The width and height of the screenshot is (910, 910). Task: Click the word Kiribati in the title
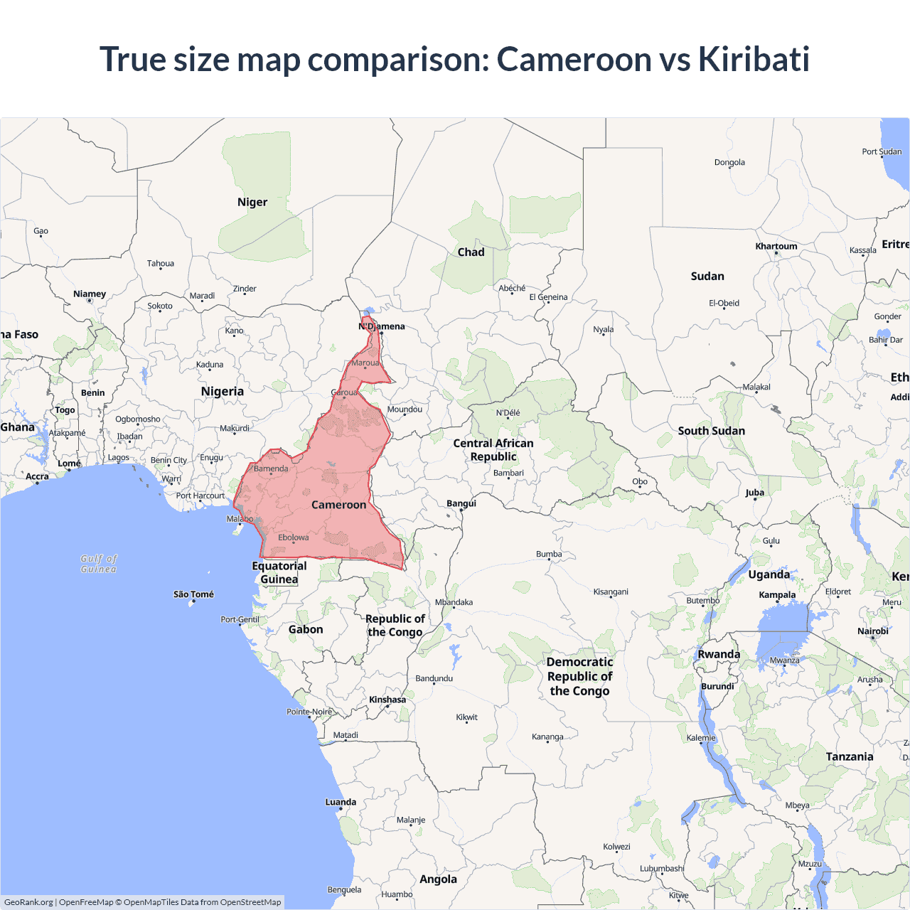pos(754,59)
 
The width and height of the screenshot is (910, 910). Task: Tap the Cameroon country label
pos(338,505)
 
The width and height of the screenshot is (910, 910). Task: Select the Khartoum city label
pos(776,246)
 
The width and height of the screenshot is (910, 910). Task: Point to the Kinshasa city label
pos(387,700)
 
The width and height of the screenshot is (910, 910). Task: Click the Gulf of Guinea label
pos(99,564)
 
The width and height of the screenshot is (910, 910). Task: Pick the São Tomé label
pos(193,594)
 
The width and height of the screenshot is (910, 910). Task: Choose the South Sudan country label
pos(711,431)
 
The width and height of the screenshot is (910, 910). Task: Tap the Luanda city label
pos(341,802)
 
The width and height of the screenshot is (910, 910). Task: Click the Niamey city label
pos(90,294)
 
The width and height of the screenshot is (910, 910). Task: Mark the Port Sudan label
pos(882,151)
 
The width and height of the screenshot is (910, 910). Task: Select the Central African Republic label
pos(493,450)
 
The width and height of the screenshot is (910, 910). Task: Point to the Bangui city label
pos(461,503)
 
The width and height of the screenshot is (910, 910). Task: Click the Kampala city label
pos(777,595)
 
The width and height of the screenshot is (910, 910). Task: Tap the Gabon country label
pos(306,629)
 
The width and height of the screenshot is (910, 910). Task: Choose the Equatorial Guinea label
pos(279,572)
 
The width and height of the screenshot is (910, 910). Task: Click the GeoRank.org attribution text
pos(28,902)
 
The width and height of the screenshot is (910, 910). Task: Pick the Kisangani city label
pos(611,591)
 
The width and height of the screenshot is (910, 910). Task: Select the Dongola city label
pos(729,162)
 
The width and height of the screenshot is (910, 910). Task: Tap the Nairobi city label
pos(873,631)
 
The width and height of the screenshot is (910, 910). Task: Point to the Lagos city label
pos(119,457)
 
